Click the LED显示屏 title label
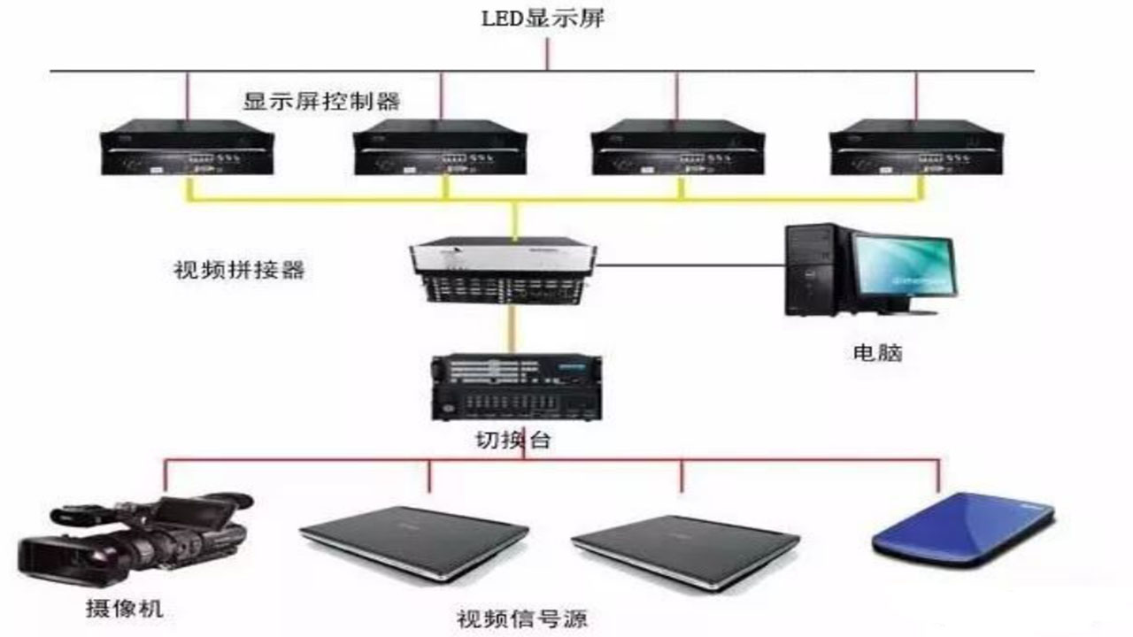(x=543, y=19)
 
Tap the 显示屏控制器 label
(x=321, y=102)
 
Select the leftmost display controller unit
(x=187, y=147)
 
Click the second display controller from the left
(x=440, y=147)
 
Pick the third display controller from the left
(x=678, y=147)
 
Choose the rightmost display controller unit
(x=916, y=147)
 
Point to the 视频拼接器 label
(x=239, y=270)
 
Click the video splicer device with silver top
(x=503, y=270)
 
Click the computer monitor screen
(x=904, y=268)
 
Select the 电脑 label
(x=877, y=353)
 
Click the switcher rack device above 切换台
(x=516, y=388)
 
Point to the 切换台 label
(x=513, y=440)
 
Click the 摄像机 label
(x=124, y=608)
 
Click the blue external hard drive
(x=963, y=529)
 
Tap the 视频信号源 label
(x=522, y=618)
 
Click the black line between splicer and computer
(x=691, y=265)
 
